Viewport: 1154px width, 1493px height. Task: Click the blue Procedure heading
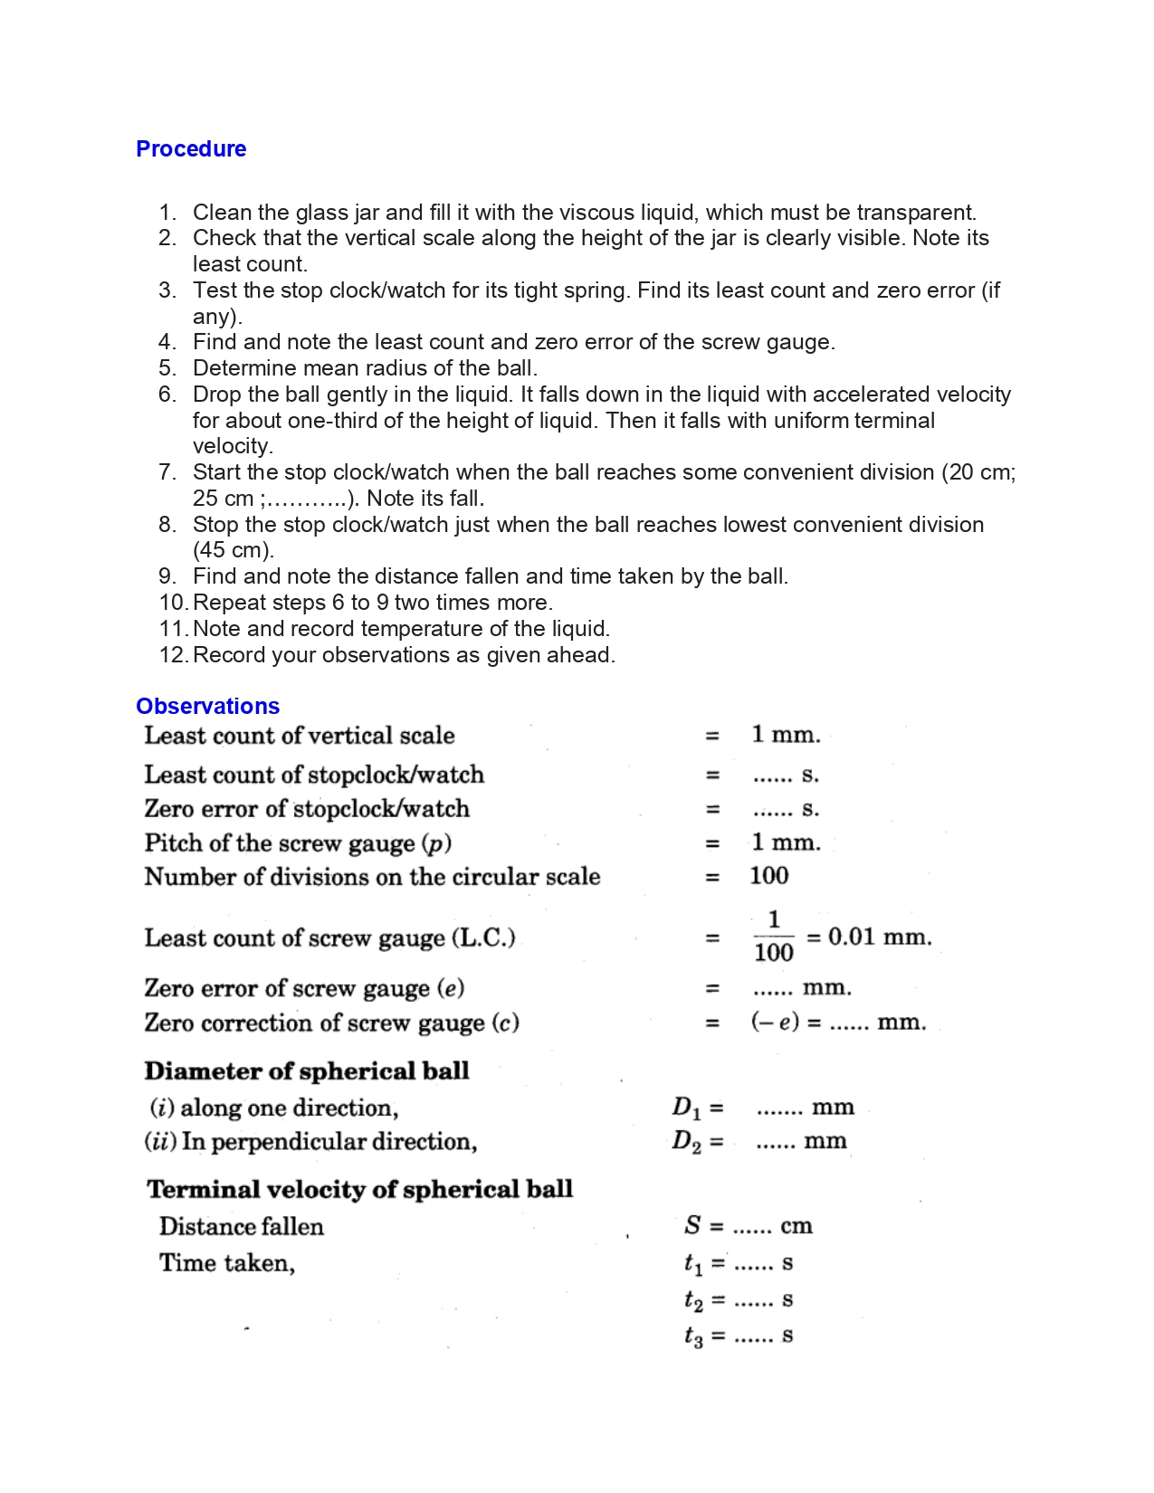point(190,149)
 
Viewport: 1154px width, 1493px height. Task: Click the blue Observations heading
point(207,707)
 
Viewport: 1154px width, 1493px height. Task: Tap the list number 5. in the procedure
point(167,368)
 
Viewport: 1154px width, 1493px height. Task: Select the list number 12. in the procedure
point(172,655)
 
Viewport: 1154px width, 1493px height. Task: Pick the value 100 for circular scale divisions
point(768,876)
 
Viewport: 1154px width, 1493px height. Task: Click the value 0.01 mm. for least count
point(879,937)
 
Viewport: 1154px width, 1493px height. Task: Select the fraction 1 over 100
point(773,937)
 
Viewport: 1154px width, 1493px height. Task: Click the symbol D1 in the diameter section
point(686,1108)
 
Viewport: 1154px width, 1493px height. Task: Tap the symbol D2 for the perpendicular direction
point(686,1142)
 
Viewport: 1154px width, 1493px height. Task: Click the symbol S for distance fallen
point(692,1226)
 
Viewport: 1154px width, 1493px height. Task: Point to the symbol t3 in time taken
point(692,1336)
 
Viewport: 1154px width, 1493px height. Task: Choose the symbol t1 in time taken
point(692,1263)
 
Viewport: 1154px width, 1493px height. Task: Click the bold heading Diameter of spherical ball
point(307,1071)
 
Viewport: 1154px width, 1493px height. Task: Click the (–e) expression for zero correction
point(775,1022)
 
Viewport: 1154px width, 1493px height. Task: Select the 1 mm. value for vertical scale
point(786,735)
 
